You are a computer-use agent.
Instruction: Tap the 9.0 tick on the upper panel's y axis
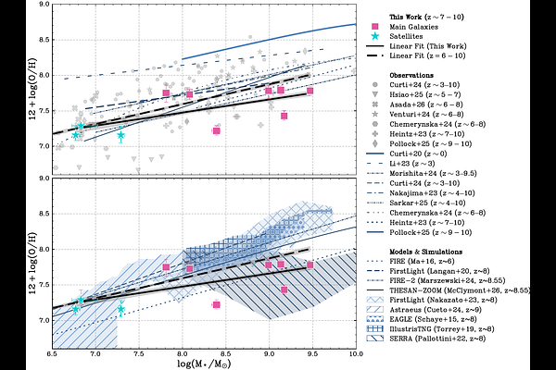point(44,6)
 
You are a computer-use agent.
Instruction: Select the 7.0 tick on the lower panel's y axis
point(44,319)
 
